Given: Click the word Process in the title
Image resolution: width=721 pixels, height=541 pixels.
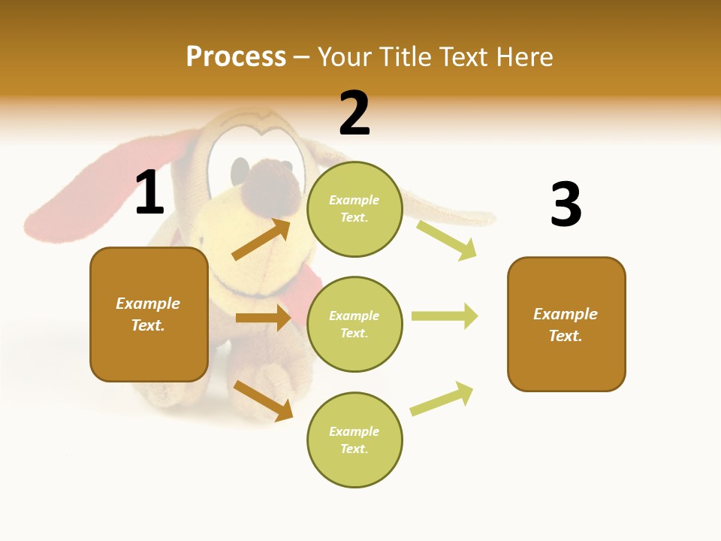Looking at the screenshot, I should (x=236, y=56).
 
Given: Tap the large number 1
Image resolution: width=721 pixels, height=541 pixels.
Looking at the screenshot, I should (x=149, y=193).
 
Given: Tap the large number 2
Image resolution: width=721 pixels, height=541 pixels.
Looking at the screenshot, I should (x=354, y=113).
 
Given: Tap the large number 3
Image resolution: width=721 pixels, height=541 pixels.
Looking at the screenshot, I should (x=566, y=204).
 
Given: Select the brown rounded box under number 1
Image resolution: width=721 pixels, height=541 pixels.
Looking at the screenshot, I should (x=149, y=314).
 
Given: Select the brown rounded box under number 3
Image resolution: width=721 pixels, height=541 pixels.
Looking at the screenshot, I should (x=566, y=324).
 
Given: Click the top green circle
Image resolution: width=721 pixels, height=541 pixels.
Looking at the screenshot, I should (x=354, y=209).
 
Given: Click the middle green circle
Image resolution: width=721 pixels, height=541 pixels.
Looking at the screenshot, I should (x=354, y=324).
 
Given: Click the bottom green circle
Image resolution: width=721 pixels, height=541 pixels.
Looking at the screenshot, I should (x=354, y=440).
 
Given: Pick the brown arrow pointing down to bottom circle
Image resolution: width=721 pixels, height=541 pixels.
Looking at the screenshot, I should (x=263, y=400).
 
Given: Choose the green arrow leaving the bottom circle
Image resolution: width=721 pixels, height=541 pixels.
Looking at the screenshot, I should (x=442, y=399).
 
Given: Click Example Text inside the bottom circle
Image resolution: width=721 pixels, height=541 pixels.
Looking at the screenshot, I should (x=354, y=440).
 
